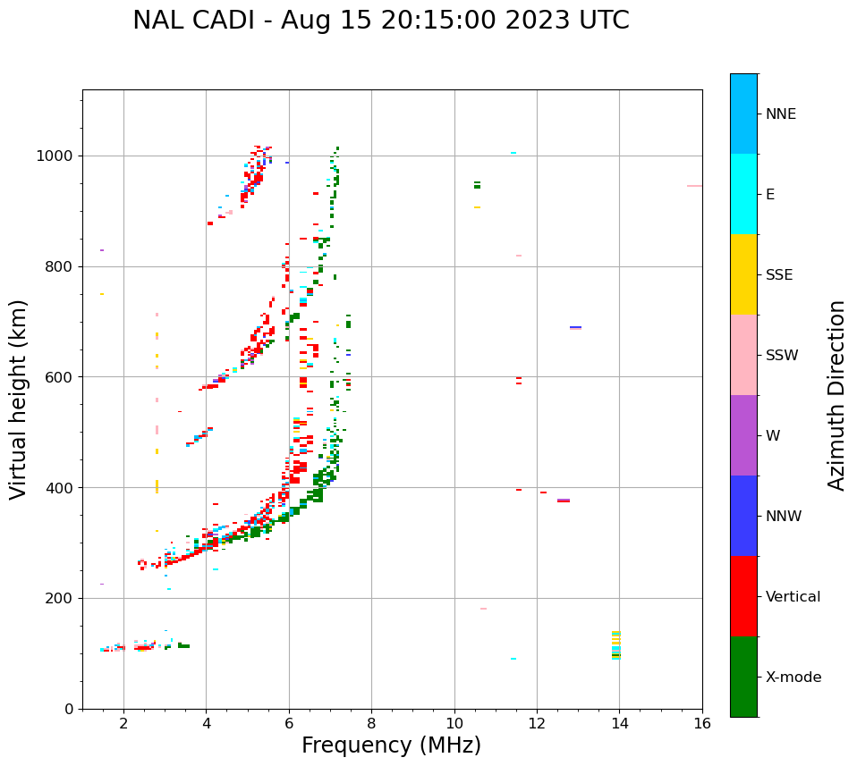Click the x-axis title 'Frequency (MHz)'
click(391, 745)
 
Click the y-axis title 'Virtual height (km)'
click(19, 399)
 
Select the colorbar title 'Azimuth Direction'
click(836, 395)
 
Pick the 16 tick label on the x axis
click(702, 723)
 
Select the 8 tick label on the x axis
click(371, 723)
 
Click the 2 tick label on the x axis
click(123, 723)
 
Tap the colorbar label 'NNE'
click(780, 114)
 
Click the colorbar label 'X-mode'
click(793, 678)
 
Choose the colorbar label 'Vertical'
click(793, 597)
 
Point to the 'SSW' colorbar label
click(781, 356)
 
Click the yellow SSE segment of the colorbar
click(743, 274)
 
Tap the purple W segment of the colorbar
click(743, 435)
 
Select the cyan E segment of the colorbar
click(743, 194)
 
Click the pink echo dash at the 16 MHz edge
click(694, 186)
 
